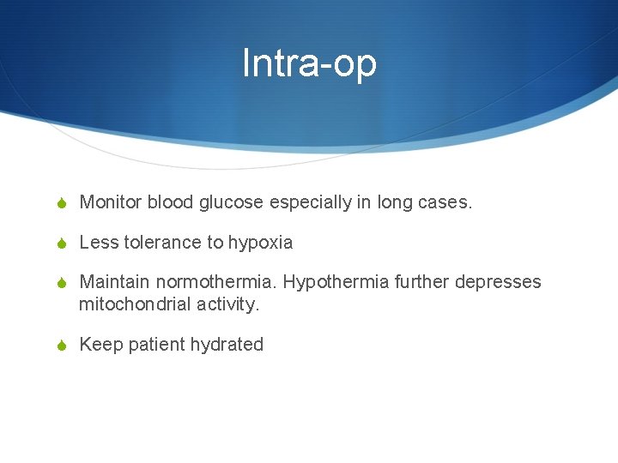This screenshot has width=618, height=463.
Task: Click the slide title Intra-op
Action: tap(309, 63)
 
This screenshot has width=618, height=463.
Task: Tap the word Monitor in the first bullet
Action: tap(111, 202)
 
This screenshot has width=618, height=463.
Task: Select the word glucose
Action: tap(232, 202)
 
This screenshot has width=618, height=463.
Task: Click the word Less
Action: tap(99, 243)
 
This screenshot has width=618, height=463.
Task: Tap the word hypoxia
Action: tap(260, 243)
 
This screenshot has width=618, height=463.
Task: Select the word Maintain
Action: tap(114, 282)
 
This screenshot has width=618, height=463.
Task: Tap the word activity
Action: tap(227, 304)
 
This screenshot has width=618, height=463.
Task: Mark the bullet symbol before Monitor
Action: tap(61, 203)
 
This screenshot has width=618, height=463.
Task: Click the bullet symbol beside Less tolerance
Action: tap(61, 244)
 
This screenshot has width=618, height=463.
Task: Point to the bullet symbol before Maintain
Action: tap(61, 283)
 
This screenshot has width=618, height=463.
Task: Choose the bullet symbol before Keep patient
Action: tap(61, 346)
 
